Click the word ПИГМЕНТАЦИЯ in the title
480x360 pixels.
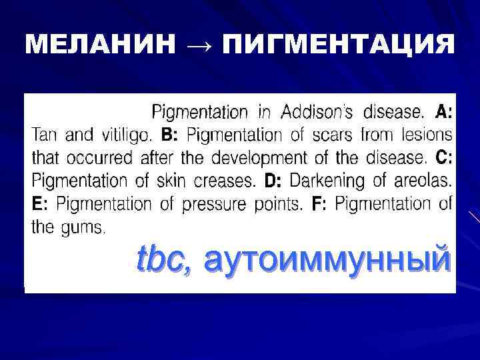click(339, 45)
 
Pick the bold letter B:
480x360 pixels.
click(170, 135)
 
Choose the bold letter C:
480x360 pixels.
click(443, 158)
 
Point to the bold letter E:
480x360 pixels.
click(40, 204)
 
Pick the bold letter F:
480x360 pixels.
click(319, 204)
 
